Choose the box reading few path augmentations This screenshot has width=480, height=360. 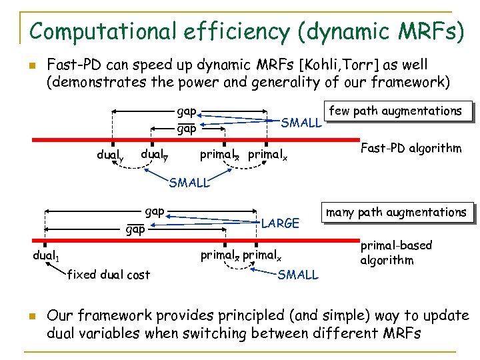click(396, 111)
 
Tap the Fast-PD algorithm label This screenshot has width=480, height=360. click(411, 148)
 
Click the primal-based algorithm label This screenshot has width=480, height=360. click(396, 253)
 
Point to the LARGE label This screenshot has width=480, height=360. click(281, 223)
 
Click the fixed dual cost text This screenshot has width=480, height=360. click(109, 274)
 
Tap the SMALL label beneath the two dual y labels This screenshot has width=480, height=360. click(189, 183)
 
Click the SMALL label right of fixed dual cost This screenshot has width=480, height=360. click(298, 275)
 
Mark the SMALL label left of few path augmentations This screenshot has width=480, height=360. click(302, 123)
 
